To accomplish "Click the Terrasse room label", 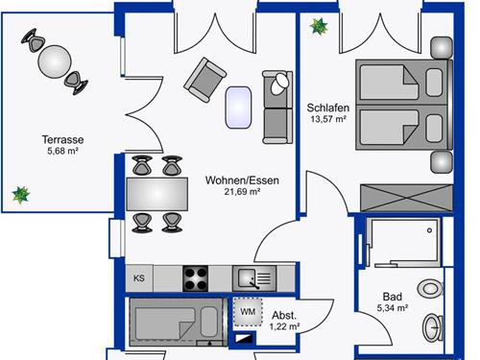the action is click(x=62, y=139).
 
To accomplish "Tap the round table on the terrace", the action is click(x=55, y=61).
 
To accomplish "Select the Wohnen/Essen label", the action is click(x=242, y=180).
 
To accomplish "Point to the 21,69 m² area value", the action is click(x=242, y=192).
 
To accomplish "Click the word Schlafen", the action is click(x=328, y=108).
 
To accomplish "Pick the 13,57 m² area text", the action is click(x=328, y=119).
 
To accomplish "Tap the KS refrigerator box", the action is click(x=139, y=278).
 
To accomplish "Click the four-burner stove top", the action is click(x=195, y=278).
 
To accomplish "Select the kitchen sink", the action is click(x=254, y=278).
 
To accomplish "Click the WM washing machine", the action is click(x=248, y=312).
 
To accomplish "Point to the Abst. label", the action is click(x=284, y=316).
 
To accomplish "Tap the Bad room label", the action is click(x=393, y=297).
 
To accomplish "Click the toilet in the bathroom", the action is click(x=430, y=289).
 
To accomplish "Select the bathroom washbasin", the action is click(x=433, y=327).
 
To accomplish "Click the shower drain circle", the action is click(x=429, y=230).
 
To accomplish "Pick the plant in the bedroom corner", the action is click(x=319, y=27).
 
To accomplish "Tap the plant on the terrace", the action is click(x=21, y=195).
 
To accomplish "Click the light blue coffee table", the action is click(x=238, y=108).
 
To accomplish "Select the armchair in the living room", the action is click(x=205, y=80).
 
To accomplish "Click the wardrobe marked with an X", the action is click(x=407, y=198).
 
